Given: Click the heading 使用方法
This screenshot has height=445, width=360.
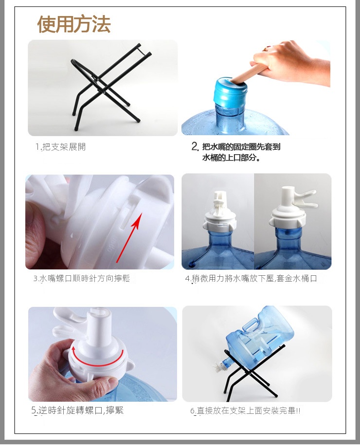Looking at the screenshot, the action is pos(74,24).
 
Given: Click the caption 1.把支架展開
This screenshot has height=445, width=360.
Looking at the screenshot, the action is pos(60,147).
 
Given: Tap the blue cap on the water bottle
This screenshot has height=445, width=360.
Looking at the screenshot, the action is pos(230,91).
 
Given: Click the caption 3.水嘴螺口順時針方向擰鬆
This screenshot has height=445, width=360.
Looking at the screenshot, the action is pos(82,278).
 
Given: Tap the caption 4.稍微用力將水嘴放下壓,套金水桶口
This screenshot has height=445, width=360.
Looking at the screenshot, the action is pos(251,278).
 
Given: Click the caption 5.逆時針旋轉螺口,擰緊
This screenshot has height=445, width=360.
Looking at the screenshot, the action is pos(77,410).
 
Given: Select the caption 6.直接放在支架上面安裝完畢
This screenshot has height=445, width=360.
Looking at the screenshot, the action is pos(245,410).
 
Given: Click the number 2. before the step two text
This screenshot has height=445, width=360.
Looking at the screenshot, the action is pos(195,146).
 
